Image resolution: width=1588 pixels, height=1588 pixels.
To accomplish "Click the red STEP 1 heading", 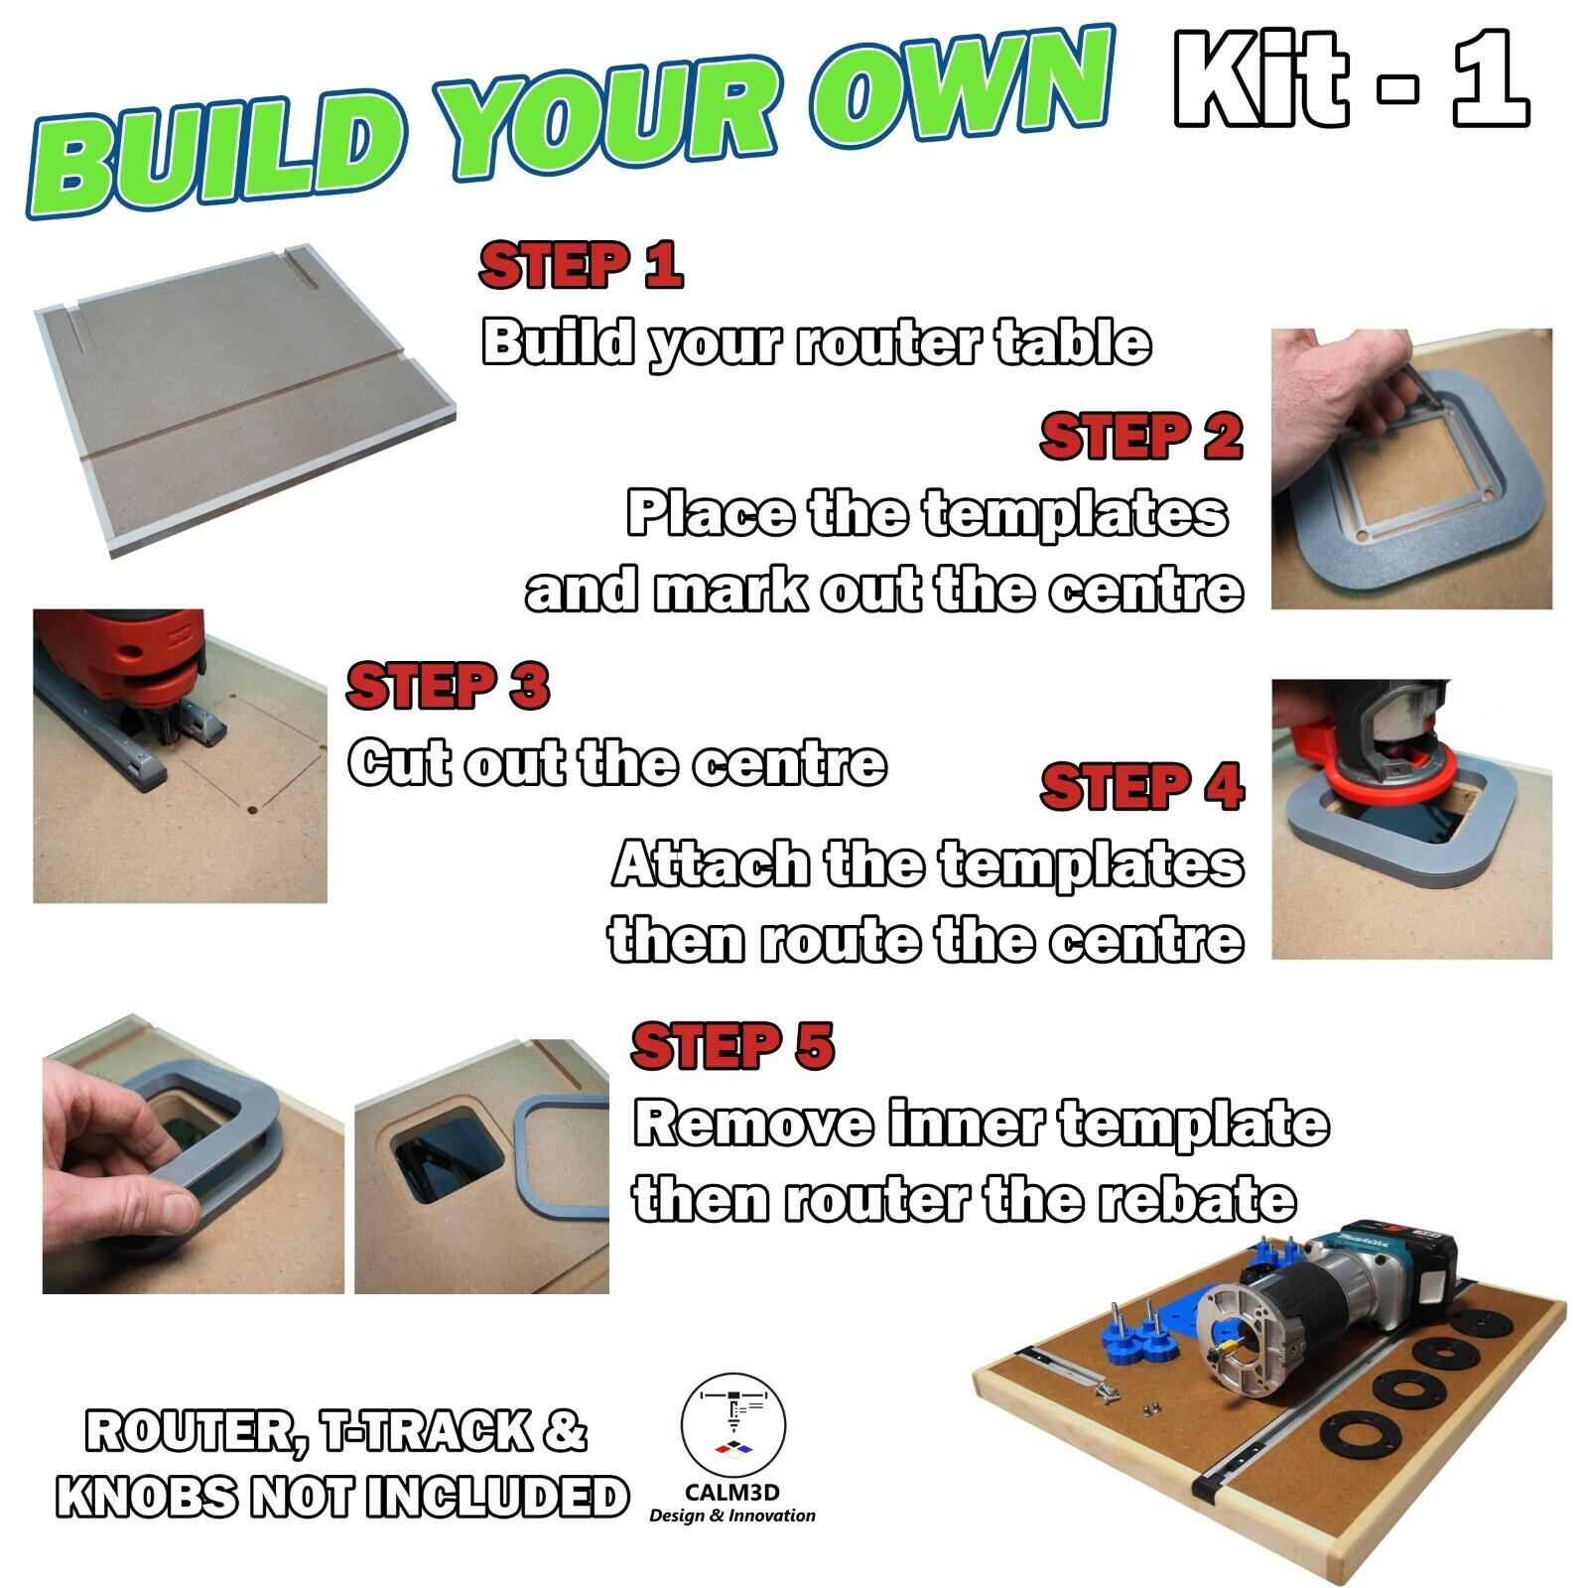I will [x=581, y=265].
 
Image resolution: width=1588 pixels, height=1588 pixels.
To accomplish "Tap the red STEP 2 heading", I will [x=1141, y=438].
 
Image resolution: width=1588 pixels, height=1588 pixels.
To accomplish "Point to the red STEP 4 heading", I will [x=1141, y=788].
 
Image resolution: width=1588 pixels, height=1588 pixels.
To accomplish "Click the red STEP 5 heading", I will [x=732, y=1046].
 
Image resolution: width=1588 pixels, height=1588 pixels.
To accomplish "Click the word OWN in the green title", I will [x=958, y=94].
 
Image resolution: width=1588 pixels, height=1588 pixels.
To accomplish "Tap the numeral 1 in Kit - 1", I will [x=1489, y=79].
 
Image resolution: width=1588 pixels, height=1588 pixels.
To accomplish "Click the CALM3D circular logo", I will [x=732, y=1426].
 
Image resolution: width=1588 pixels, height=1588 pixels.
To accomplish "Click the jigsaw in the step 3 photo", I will [x=139, y=675].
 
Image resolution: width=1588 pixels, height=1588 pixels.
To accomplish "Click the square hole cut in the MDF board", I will [x=447, y=1156].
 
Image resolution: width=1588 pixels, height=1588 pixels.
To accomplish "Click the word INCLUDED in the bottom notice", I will [x=496, y=1497].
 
